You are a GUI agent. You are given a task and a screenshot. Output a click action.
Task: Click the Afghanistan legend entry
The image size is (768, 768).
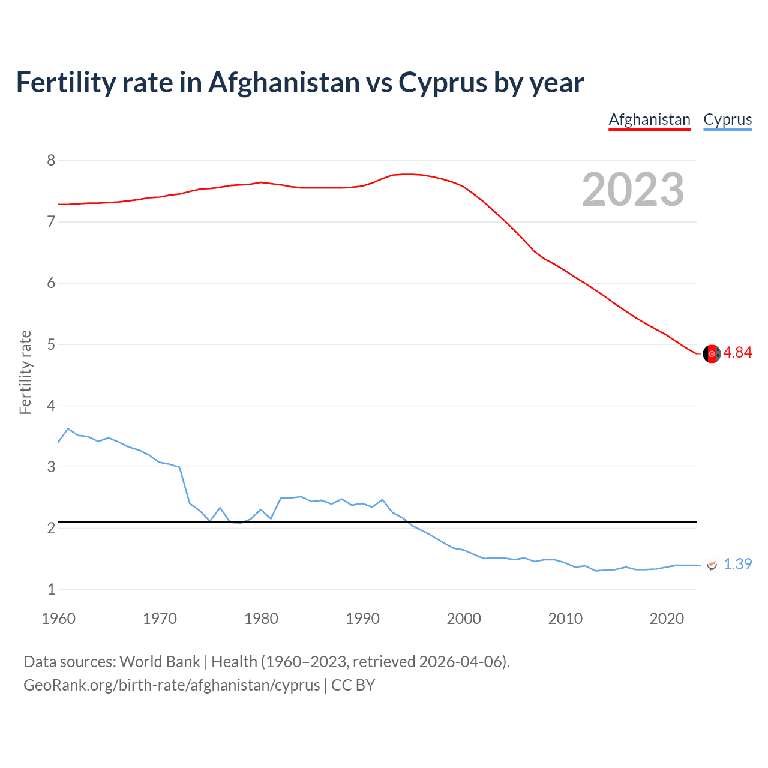coord(649,119)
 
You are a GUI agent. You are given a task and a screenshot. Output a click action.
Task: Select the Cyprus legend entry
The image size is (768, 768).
coord(727,119)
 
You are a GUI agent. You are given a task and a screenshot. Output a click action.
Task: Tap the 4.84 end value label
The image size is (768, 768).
coord(737,353)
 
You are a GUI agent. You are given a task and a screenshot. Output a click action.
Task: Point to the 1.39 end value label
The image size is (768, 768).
coord(737,565)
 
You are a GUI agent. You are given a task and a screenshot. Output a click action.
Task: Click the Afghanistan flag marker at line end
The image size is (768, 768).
coord(712,354)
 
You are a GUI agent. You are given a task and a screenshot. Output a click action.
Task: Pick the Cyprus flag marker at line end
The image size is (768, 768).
coord(712,565)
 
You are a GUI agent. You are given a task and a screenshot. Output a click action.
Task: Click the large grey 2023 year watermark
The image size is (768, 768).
coord(632,190)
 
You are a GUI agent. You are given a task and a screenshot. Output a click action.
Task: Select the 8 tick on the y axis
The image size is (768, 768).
coord(51,160)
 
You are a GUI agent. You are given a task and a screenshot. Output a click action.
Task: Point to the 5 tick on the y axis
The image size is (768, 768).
coord(51,344)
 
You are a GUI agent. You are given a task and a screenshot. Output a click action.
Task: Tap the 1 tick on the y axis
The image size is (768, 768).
coord(51,589)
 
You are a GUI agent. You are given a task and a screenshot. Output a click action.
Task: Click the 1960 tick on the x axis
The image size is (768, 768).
coord(58,619)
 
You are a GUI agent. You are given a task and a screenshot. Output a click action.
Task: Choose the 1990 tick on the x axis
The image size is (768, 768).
coord(362,619)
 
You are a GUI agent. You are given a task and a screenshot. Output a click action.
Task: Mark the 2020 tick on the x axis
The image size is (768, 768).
coord(667,619)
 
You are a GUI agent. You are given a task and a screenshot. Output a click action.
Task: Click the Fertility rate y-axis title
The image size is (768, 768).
coord(25,372)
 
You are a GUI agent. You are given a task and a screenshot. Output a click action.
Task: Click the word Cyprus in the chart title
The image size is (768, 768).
coord(442,83)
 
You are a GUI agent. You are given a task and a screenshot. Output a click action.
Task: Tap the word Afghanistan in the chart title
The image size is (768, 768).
coord(284,83)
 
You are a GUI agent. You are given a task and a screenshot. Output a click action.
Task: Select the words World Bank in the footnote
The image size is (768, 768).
coord(160,662)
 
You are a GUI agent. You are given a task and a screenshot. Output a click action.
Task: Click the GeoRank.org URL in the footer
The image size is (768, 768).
coord(172,685)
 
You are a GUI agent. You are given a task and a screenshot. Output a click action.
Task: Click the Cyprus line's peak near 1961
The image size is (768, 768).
coord(68,428)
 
